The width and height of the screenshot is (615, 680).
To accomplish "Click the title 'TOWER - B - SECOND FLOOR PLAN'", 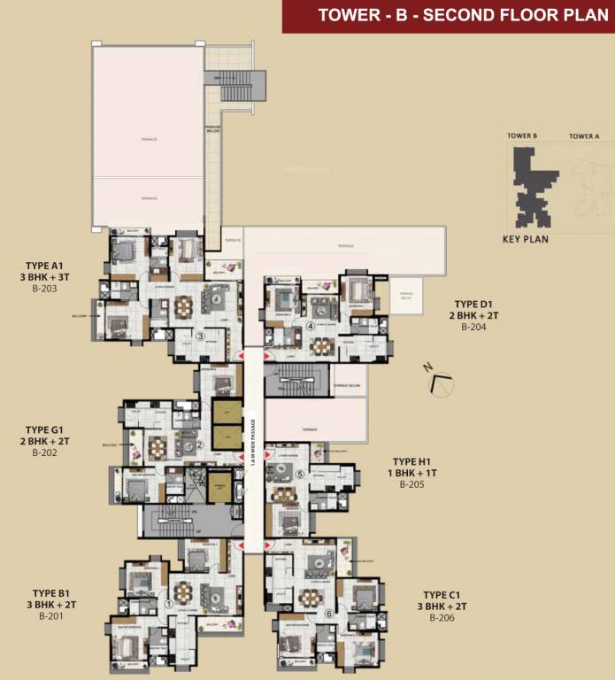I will coord(450,14).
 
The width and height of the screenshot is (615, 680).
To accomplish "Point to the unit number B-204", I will coord(475,327).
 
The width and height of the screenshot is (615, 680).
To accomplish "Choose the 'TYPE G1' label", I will coord(47,429).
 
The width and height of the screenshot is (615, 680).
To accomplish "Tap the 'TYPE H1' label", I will coord(416,461).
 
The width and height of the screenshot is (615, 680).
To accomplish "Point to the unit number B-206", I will coord(442,618).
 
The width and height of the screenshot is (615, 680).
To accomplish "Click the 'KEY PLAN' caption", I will coord(525,239).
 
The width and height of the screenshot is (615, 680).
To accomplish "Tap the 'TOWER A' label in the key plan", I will coord(584,136).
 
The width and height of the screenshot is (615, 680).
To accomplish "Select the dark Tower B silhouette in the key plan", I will coord(529,186).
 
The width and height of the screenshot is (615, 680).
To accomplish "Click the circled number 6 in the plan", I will coord(328,613).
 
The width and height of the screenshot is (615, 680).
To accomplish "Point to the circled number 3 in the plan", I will coord(201,336).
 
